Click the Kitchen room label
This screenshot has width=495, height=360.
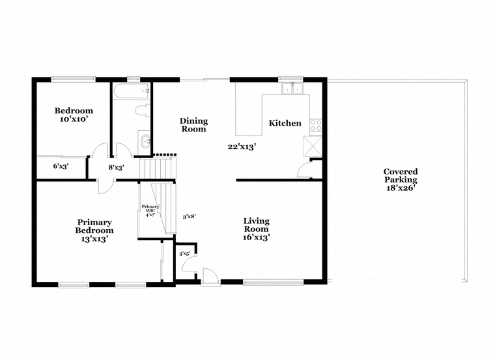(x=285, y=123)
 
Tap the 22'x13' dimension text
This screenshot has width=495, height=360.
(x=242, y=146)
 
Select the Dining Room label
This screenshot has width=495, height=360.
(x=193, y=125)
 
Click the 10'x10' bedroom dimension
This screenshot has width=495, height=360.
(x=74, y=119)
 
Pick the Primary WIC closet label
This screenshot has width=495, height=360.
(x=150, y=211)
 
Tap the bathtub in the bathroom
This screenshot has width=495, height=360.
(x=132, y=91)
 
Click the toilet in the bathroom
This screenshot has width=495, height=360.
(x=143, y=111)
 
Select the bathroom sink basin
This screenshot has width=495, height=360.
(x=145, y=141)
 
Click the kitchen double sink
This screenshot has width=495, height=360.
(x=292, y=89)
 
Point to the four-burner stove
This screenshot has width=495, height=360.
(x=316, y=125)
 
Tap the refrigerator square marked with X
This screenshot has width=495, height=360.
(x=313, y=146)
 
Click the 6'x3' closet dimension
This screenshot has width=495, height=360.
(x=61, y=166)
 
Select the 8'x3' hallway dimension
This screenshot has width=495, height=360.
(x=116, y=167)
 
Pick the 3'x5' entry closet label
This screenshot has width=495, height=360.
(x=185, y=254)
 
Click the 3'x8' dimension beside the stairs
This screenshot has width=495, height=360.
(x=190, y=217)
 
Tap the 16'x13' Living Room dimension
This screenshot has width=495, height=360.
(x=256, y=237)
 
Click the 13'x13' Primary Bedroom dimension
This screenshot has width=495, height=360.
(x=94, y=239)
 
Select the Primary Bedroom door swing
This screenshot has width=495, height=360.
(x=105, y=187)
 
